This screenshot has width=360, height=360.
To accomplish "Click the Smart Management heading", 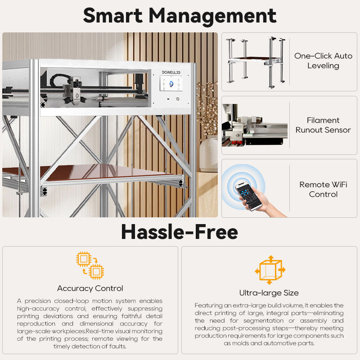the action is click(x=180, y=16).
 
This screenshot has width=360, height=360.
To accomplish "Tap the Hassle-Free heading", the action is click(x=180, y=232).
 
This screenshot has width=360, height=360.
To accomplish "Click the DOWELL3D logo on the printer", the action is click(x=171, y=72).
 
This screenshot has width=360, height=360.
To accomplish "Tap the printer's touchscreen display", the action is click(x=171, y=83).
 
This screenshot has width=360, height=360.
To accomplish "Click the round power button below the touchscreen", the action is click(x=177, y=99).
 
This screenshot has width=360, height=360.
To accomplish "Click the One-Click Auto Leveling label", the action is click(x=323, y=61).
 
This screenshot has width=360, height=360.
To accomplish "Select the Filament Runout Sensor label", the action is click(x=323, y=125).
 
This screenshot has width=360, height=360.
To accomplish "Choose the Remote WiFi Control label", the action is click(x=323, y=189).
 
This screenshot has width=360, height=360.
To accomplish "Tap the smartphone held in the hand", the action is click(x=248, y=196).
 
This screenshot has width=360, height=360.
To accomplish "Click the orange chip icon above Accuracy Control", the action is click(x=90, y=265).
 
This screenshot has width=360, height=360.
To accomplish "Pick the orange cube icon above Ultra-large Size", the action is click(x=270, y=270).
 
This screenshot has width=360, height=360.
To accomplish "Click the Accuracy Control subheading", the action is click(x=90, y=288).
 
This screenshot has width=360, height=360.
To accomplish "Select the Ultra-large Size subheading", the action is click(x=269, y=293).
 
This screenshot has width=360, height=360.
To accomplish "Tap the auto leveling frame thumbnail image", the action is click(x=256, y=63).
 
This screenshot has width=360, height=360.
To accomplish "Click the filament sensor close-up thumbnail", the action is click(x=255, y=125).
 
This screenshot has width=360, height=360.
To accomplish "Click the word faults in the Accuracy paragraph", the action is click(x=119, y=346).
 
